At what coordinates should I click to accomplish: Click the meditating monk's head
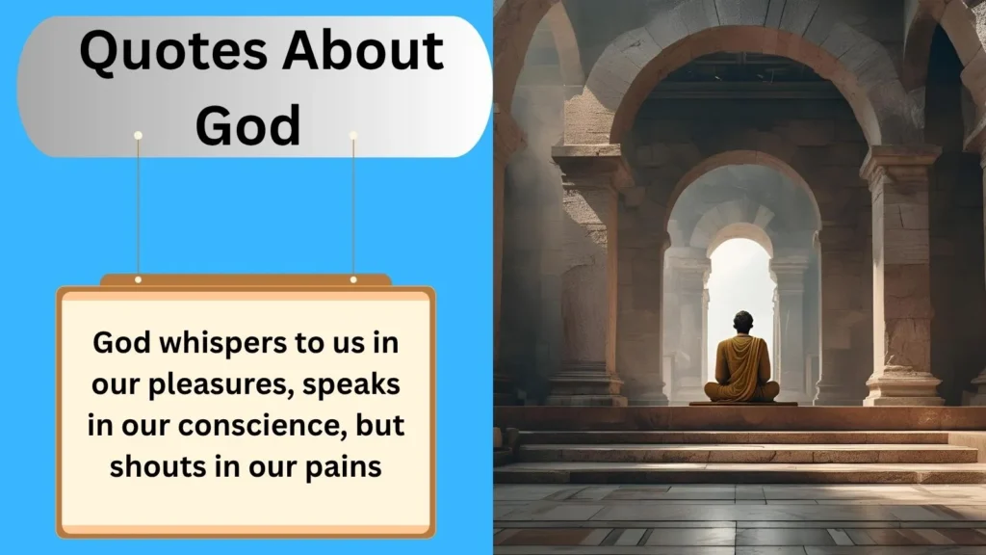741,321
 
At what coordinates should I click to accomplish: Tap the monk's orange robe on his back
741,361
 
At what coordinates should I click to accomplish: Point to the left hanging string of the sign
139,207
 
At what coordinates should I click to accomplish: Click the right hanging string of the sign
353,207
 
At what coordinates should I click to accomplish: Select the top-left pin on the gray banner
139,135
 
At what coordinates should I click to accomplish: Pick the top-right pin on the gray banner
353,135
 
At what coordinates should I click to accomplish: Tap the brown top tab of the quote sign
246,280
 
